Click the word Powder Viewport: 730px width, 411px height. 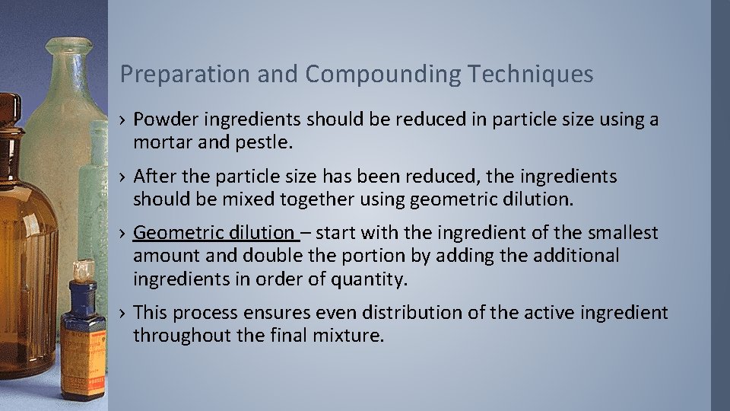click(161, 120)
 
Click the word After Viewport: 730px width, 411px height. click(153, 177)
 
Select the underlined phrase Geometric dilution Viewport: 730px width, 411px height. click(214, 233)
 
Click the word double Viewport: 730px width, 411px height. click(292, 256)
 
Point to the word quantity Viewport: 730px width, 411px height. click(369, 279)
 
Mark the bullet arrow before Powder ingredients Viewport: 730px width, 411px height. click(122, 121)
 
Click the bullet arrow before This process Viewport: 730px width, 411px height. click(122, 314)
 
